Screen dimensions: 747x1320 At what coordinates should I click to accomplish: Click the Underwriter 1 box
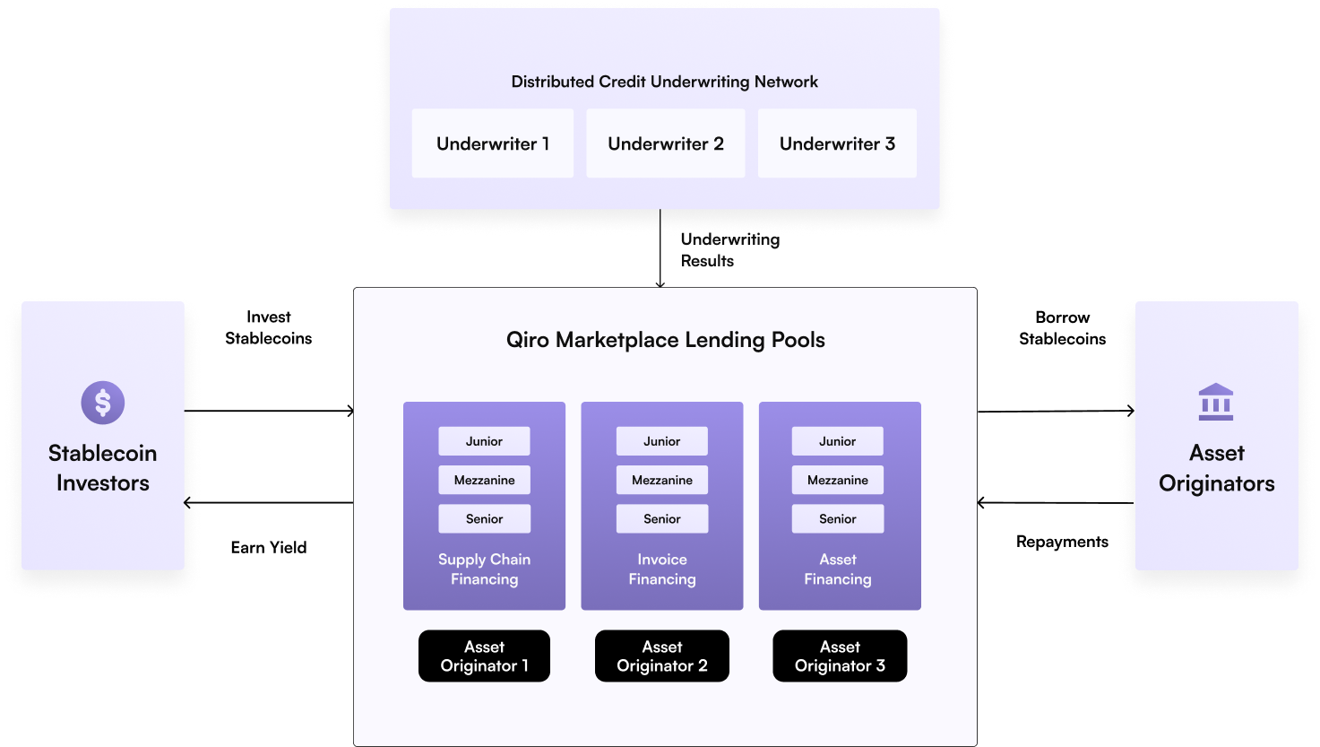492,143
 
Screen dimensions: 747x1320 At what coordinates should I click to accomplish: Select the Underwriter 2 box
665,143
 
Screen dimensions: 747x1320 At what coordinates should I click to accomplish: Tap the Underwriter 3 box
837,143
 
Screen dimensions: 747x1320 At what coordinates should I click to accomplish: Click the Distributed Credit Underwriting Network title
664,82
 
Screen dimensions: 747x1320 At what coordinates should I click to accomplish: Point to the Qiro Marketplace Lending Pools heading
665,340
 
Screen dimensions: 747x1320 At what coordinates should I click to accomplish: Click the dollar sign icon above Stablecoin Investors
103,403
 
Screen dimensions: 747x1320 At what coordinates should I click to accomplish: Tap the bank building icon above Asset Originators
1216,403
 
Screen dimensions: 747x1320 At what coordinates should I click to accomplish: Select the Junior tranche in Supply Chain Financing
484,441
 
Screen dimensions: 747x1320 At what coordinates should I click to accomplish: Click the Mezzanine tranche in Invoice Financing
661,480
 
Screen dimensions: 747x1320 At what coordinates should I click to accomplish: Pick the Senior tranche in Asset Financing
837,518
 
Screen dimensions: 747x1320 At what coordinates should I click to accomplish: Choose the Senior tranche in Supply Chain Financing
484,518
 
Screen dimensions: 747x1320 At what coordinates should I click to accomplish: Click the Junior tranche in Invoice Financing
661,441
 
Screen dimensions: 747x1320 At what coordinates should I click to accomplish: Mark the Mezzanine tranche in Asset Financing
837,480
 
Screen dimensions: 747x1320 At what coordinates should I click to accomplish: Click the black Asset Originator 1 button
484,656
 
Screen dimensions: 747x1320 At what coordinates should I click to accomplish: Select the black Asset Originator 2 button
661,656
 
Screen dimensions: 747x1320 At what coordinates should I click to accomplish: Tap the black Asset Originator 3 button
840,656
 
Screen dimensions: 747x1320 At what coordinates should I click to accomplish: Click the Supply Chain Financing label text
484,569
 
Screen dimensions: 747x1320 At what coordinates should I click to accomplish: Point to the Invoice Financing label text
661,569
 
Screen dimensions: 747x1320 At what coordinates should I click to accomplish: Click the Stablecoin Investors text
103,468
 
